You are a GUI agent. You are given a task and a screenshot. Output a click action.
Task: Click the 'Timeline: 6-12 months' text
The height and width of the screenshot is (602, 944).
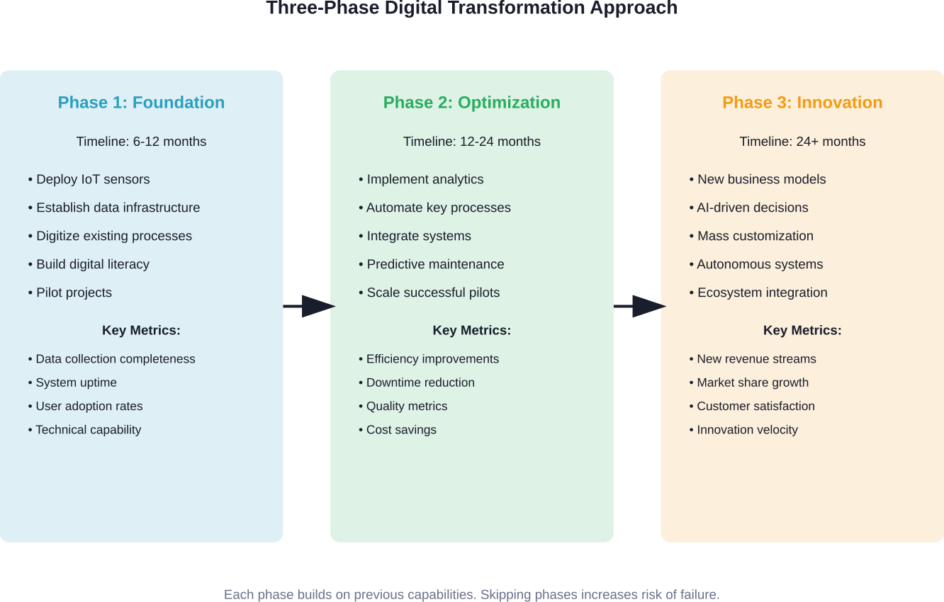pyautogui.click(x=141, y=142)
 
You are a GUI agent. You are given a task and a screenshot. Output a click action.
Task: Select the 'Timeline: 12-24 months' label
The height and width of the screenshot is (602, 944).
pyautogui.click(x=472, y=142)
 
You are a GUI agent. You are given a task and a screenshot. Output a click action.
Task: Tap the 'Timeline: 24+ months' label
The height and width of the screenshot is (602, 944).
pyautogui.click(x=802, y=142)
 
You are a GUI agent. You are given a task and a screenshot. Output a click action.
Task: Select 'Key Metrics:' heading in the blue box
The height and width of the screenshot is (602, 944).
pyautogui.click(x=141, y=331)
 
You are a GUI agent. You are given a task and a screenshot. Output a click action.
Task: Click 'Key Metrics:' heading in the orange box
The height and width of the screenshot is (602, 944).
pyautogui.click(x=802, y=331)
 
